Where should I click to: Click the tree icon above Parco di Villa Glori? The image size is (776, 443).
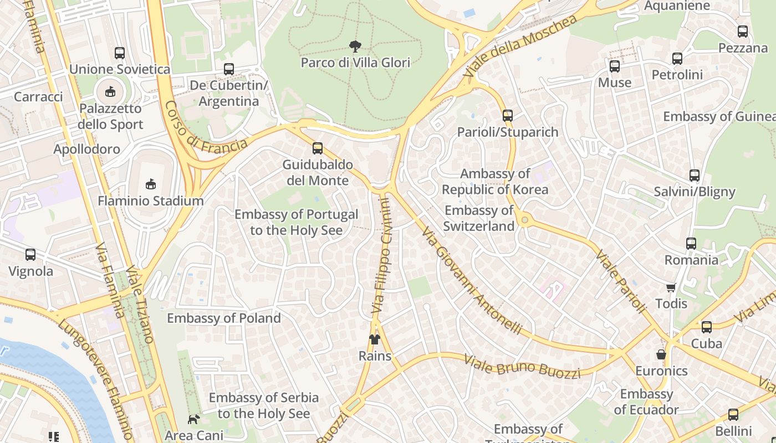click(355, 47)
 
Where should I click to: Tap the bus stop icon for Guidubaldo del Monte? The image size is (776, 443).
click(317, 148)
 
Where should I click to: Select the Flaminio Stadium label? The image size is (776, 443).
click(151, 200)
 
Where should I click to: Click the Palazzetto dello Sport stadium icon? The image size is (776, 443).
click(110, 91)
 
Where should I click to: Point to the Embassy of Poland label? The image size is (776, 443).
click(224, 318)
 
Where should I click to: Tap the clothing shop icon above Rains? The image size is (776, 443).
click(375, 339)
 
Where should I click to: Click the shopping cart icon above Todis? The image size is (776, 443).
click(671, 287)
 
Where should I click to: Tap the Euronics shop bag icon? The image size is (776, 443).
click(661, 354)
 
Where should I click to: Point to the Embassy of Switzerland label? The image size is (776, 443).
click(479, 218)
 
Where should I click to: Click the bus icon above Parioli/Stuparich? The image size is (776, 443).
click(507, 116)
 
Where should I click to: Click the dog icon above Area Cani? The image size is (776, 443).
click(193, 419)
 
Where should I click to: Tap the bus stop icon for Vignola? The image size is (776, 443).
click(30, 255)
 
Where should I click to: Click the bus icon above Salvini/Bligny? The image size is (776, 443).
click(694, 176)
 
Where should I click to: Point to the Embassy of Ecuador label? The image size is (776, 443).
click(646, 402)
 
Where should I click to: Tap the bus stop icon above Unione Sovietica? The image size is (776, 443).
click(119, 53)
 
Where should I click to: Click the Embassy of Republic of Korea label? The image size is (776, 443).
click(495, 182)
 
